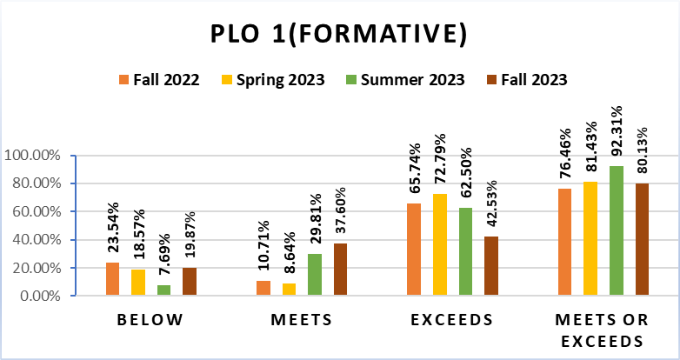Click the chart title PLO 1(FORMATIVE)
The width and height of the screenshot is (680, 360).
click(340, 34)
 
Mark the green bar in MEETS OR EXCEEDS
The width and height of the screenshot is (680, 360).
click(616, 230)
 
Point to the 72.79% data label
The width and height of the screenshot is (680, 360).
click(441, 160)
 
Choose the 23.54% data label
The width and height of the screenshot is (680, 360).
click(112, 230)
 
